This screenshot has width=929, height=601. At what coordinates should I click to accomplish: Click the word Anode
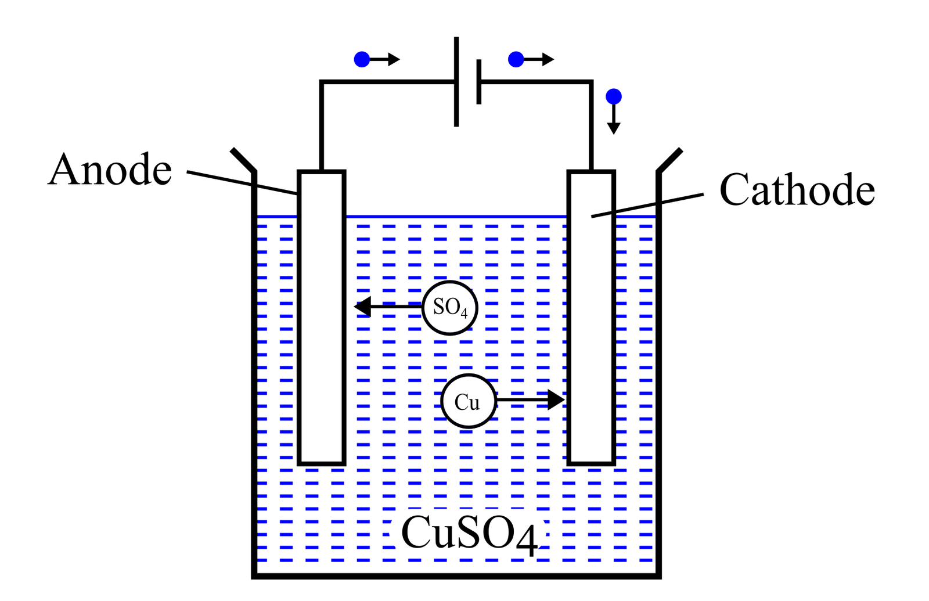pyautogui.click(x=110, y=170)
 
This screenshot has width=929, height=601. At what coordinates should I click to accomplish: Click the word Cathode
pyautogui.click(x=797, y=190)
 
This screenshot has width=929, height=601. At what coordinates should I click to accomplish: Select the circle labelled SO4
pyautogui.click(x=449, y=307)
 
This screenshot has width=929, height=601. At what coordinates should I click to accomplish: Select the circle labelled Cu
pyautogui.click(x=468, y=401)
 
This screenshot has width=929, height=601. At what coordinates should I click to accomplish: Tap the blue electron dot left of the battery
pyautogui.click(x=362, y=59)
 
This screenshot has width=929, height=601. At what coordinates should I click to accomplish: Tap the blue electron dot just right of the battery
pyautogui.click(x=516, y=59)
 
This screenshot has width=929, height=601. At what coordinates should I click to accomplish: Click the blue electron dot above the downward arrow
pyautogui.click(x=613, y=96)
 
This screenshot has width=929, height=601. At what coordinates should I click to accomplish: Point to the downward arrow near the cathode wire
pyautogui.click(x=613, y=121)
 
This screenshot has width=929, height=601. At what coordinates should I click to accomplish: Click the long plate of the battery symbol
pyautogui.click(x=456, y=81)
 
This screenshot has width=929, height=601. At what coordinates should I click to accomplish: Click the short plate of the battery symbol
pyautogui.click(x=479, y=82)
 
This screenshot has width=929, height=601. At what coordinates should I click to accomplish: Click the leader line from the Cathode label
pyautogui.click(x=647, y=206)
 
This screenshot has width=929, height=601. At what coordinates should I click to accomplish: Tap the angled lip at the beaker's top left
pyautogui.click(x=243, y=160)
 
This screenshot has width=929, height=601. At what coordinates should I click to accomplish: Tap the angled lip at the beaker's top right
pyautogui.click(x=669, y=160)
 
